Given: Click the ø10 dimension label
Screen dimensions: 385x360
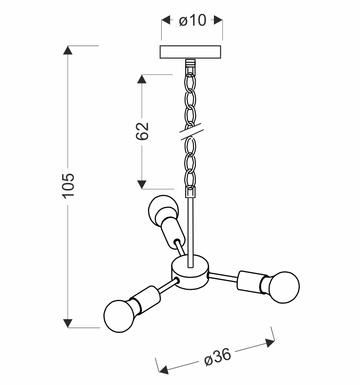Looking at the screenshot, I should click(192, 20).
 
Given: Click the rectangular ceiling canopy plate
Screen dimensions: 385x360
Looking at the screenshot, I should click(191, 52).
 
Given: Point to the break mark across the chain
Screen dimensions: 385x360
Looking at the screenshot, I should click(190, 132).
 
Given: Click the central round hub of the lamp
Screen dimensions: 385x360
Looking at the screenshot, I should click(190, 272).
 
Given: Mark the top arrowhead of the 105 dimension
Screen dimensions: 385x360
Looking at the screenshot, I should click(67, 50).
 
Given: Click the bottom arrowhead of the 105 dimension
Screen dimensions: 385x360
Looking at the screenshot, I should click(67, 323).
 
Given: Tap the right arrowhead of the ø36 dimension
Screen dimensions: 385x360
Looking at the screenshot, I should click(270, 342).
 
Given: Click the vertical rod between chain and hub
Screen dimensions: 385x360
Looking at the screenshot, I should click(190, 230).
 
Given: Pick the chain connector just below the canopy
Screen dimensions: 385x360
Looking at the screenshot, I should click(190, 64).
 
